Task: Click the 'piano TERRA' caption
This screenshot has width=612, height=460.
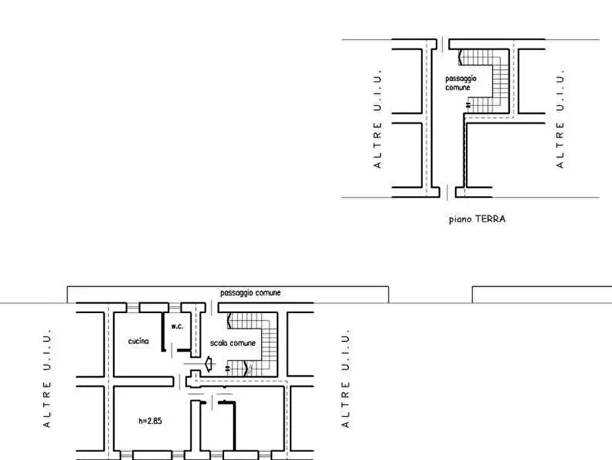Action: [x=477, y=219]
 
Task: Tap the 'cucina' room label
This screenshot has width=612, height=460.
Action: [x=138, y=341]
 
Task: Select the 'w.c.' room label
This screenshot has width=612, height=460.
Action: [x=178, y=326]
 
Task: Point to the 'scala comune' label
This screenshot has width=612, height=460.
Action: [x=232, y=343]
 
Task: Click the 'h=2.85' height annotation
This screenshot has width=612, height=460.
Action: [x=150, y=421]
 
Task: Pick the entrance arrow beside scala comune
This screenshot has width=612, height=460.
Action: [x=209, y=364]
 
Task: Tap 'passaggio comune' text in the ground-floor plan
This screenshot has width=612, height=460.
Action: [x=461, y=83]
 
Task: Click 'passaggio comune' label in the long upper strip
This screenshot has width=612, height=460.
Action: [x=250, y=293]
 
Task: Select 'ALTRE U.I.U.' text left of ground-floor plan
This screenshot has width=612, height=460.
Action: [x=377, y=119]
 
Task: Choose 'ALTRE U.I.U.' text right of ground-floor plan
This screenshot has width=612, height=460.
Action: [x=560, y=119]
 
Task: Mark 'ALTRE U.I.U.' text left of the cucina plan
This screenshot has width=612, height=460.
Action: [x=47, y=378]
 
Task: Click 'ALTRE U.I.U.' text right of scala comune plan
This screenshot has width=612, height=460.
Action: [x=345, y=378]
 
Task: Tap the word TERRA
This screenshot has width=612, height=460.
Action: [x=490, y=218]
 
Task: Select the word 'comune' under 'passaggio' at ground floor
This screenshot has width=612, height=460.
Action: [x=457, y=88]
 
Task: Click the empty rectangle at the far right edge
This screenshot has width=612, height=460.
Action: [x=542, y=295]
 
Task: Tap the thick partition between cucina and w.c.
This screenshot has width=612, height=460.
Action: [x=163, y=332]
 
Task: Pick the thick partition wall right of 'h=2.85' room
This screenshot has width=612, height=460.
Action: [x=234, y=426]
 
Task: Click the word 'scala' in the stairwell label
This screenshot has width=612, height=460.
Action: [x=218, y=343]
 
